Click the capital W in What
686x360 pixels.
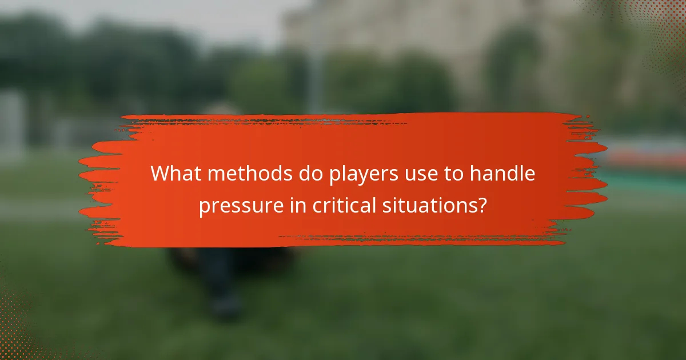[x=159, y=174]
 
